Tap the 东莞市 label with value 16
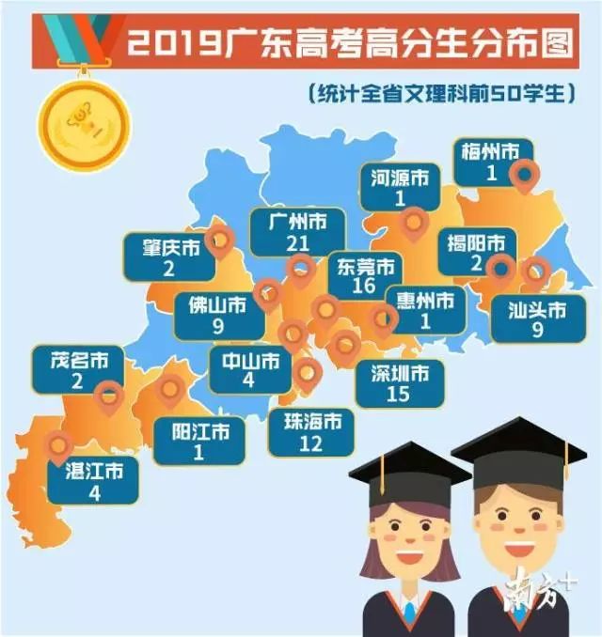pyautogui.click(x=365, y=275)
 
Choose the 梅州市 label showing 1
pyautogui.click(x=490, y=162)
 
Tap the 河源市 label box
pyautogui.click(x=398, y=187)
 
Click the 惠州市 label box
pyautogui.click(x=425, y=310)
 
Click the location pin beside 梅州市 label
pyautogui.click(x=523, y=175)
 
